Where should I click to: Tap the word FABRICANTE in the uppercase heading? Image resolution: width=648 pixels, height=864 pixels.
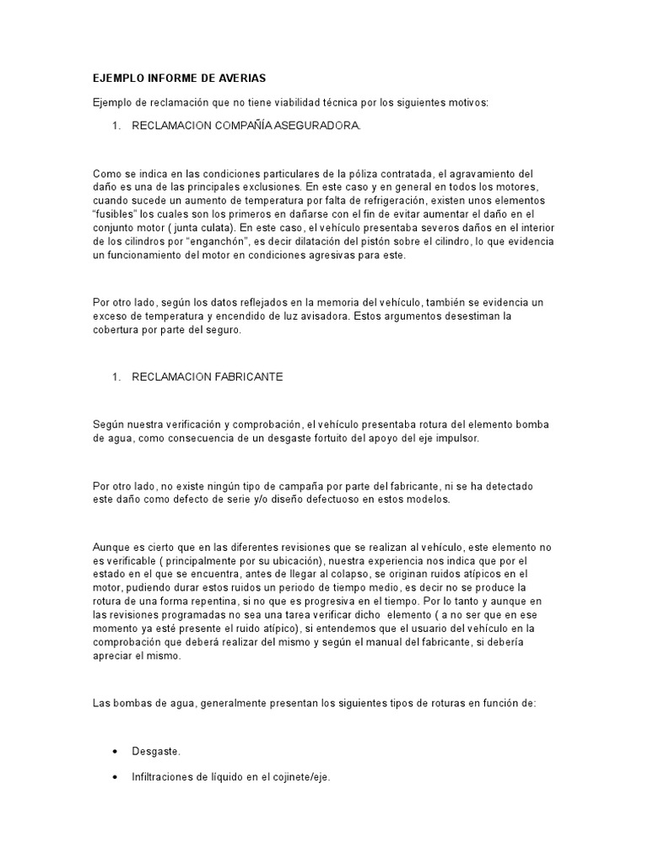[241, 377]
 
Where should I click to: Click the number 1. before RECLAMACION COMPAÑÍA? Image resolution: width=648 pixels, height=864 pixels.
[117, 126]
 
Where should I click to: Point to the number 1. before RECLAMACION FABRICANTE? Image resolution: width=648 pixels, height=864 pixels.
[117, 377]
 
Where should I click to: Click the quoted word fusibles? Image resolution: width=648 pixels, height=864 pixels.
[116, 214]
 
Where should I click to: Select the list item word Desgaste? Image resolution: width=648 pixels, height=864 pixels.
[156, 750]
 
